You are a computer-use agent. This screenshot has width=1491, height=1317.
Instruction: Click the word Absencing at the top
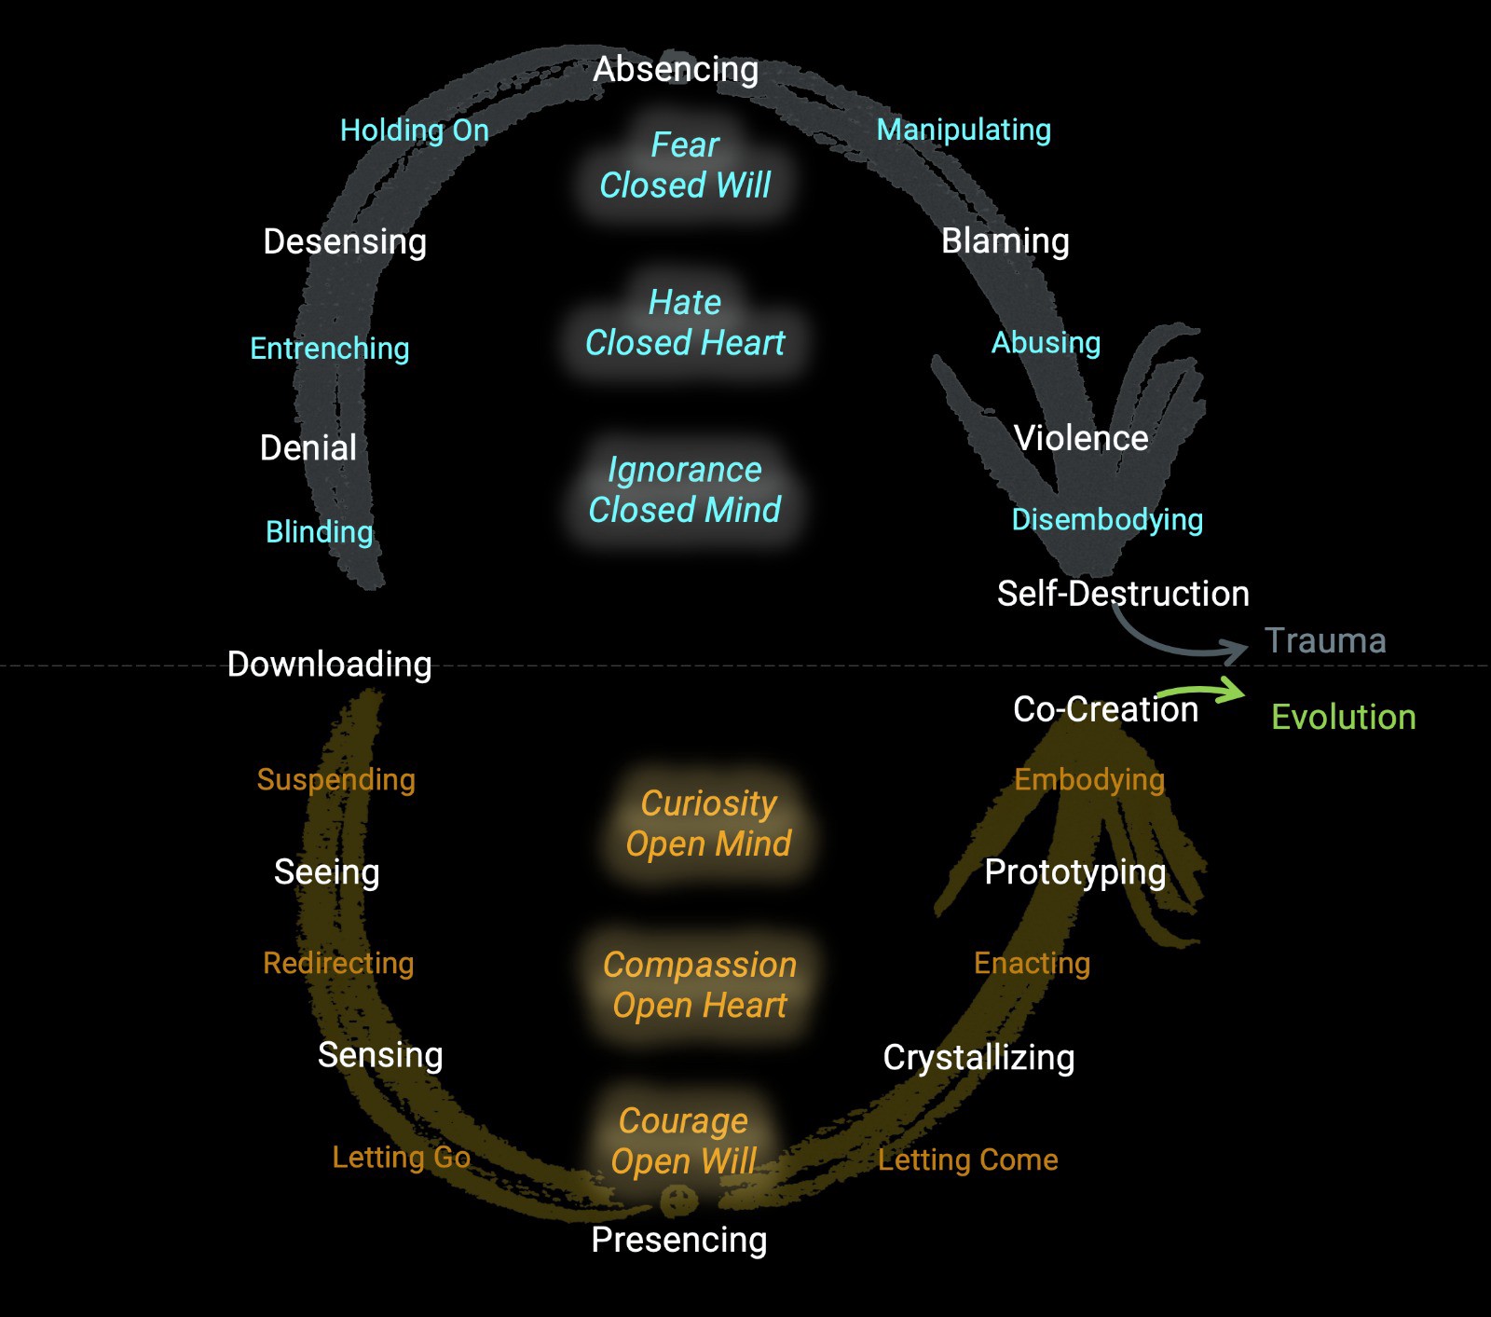[676, 69]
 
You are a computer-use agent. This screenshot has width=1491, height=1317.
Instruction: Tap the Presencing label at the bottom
[678, 1240]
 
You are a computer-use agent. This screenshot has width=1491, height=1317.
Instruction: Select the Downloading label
[329, 664]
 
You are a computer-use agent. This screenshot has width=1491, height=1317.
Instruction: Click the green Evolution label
[1343, 717]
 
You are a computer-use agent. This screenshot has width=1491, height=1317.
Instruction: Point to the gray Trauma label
[1324, 640]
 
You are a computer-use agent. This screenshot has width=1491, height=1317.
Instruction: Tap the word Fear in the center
[685, 144]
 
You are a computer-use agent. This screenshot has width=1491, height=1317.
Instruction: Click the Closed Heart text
[685, 343]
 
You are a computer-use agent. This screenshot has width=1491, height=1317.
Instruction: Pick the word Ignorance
[685, 470]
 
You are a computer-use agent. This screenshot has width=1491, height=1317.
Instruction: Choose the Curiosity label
[708, 803]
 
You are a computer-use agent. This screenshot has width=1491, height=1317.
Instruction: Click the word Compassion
[699, 965]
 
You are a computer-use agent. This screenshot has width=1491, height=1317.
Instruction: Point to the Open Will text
[683, 1161]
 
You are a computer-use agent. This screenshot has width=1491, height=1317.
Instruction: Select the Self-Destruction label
[1122, 594]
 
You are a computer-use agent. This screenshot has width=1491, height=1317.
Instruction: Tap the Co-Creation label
[1105, 709]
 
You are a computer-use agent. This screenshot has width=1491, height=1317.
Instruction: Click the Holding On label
[414, 130]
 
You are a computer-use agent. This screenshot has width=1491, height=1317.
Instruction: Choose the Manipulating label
[964, 130]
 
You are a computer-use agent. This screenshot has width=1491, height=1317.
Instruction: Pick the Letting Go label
[401, 1157]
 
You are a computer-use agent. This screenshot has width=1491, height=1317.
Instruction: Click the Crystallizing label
[978, 1058]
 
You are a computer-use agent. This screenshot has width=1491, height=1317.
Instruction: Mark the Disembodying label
[1107, 519]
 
